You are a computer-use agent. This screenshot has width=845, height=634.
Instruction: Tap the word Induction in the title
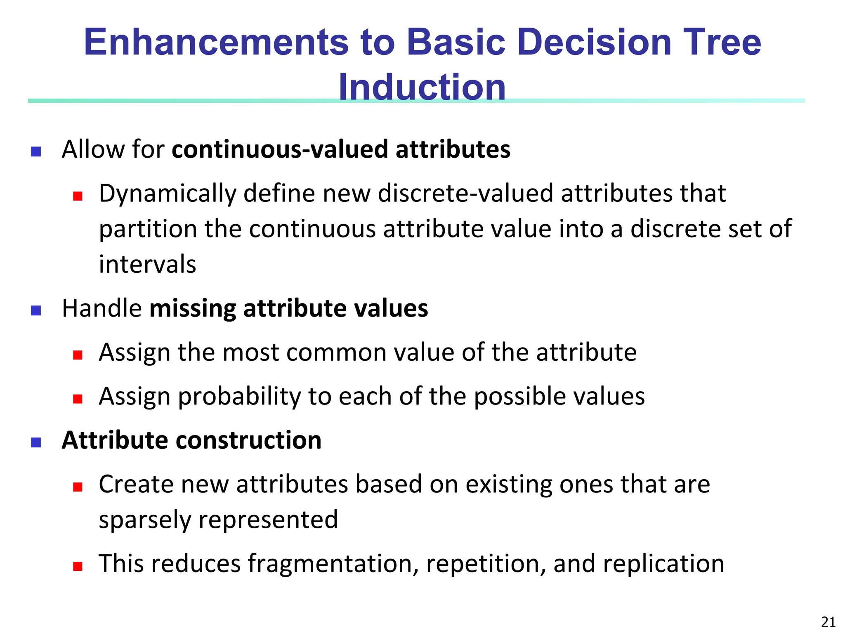point(422,87)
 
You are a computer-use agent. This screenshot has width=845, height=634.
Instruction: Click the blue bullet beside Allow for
point(36,151)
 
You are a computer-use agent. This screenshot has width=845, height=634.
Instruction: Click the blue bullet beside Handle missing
point(36,310)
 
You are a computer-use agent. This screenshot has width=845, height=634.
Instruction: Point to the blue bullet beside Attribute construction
point(36,442)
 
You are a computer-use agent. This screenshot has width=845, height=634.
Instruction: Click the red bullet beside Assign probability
point(78,399)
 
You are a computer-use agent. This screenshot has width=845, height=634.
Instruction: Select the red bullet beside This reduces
point(78,566)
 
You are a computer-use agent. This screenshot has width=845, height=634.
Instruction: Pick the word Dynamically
point(168,194)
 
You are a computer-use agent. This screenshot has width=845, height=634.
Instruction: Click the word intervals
point(147,265)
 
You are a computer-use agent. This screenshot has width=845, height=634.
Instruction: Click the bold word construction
point(249,440)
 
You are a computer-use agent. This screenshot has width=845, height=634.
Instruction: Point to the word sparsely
point(145,520)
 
